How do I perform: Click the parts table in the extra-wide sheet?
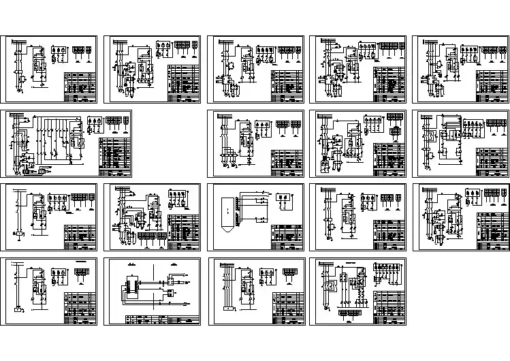point(114,153)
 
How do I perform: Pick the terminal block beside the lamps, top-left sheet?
point(82,49)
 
